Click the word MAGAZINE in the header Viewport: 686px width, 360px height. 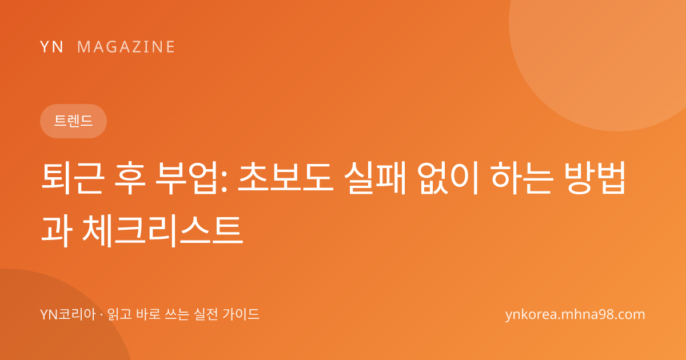click(x=126, y=47)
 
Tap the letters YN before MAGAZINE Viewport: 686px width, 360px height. click(x=51, y=47)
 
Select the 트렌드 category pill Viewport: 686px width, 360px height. click(x=74, y=121)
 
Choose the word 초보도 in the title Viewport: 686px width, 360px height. click(x=286, y=178)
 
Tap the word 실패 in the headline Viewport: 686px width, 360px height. click(x=376, y=178)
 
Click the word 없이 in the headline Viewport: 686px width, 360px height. click(x=448, y=178)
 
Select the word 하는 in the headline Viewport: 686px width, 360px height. click(x=523, y=178)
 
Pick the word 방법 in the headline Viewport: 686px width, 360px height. click(x=595, y=178)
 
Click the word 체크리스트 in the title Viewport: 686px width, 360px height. click(x=163, y=231)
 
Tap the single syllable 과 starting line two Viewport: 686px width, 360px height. click(x=57, y=231)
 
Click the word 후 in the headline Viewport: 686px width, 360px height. click(x=130, y=178)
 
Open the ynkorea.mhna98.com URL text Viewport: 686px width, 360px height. click(x=575, y=315)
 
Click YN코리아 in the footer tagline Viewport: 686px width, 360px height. click(x=68, y=314)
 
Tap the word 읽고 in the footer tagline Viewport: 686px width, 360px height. click(x=119, y=314)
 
